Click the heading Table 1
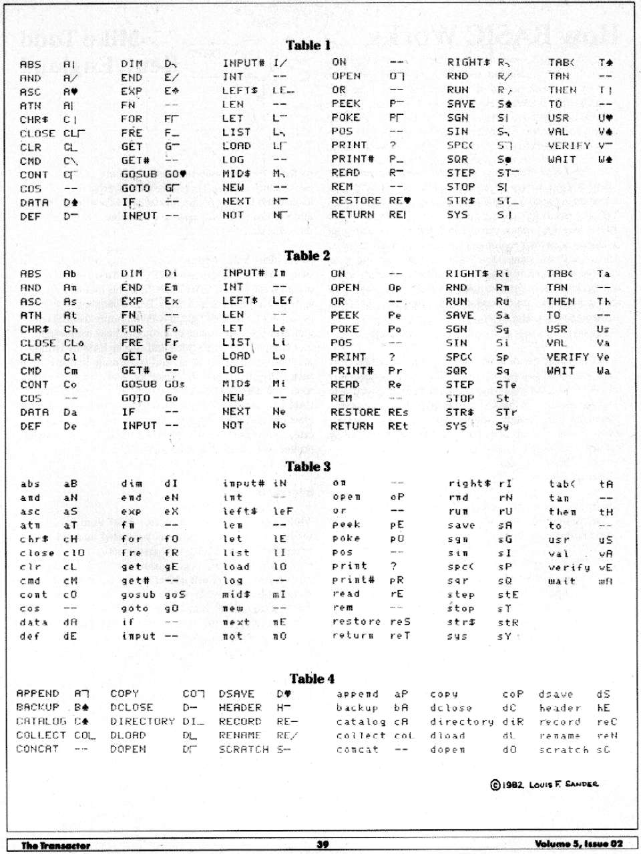308,45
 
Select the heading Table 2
307,256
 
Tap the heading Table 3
308,467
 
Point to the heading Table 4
312,678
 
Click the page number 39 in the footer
323,844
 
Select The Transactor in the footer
55,845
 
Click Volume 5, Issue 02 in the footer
578,844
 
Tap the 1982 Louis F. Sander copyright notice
544,784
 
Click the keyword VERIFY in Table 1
569,146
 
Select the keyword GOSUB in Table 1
139,174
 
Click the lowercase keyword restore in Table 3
357,622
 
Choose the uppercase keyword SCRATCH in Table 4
244,749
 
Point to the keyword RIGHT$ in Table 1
468,62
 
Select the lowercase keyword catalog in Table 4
361,722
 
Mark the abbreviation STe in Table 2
506,385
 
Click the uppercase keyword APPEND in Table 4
37,693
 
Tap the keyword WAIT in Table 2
561,371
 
